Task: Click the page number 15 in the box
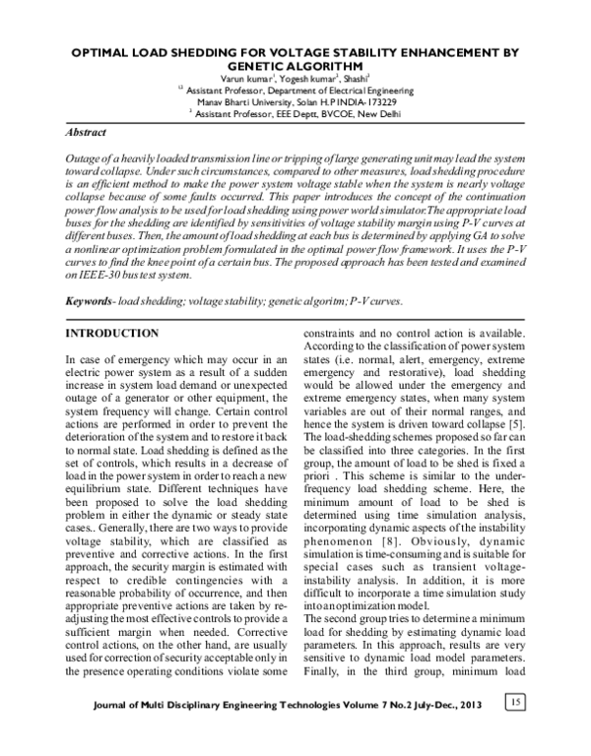515,703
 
